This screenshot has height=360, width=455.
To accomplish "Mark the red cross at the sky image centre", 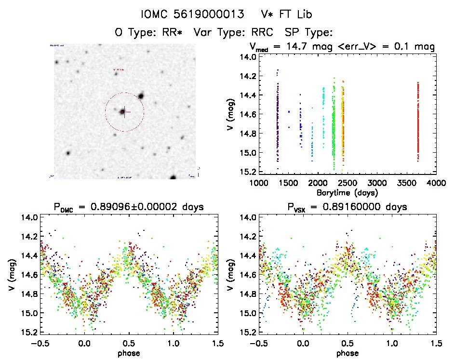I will click(124, 112).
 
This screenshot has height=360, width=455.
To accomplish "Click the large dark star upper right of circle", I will click(141, 96).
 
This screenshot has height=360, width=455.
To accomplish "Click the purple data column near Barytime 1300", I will click(278, 120).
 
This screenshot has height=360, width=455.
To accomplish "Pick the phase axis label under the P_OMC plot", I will click(129, 353).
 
